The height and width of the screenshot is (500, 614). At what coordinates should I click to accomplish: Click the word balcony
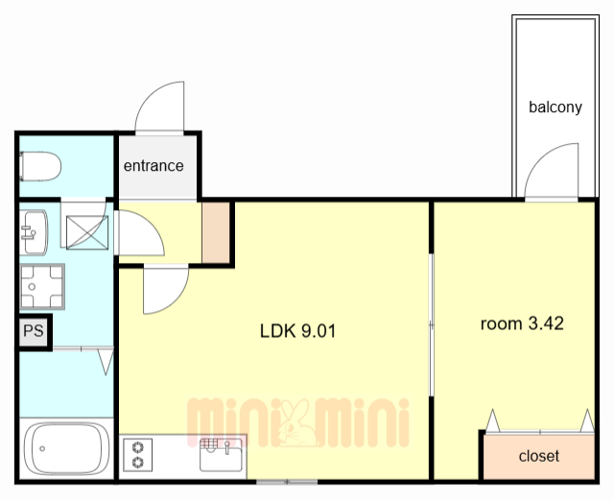(555, 107)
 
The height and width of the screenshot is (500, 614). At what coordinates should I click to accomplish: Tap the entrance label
(153, 166)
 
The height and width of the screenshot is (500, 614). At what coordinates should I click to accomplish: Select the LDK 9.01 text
(298, 331)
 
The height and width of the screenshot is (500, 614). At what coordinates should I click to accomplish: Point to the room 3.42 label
(522, 323)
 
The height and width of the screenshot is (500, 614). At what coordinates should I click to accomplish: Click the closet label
(539, 456)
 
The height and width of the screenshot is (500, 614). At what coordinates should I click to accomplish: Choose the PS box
(34, 331)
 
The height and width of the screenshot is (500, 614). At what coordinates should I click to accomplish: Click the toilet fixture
(40, 167)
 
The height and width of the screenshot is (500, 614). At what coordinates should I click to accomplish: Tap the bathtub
(66, 449)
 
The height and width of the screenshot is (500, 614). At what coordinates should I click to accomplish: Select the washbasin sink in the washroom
(35, 232)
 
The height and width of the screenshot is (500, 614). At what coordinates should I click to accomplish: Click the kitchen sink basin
(221, 455)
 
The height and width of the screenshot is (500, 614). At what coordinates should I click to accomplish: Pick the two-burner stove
(138, 455)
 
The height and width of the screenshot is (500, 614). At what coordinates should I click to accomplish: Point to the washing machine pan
(42, 286)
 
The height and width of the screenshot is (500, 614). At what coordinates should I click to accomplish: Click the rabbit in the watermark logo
(296, 423)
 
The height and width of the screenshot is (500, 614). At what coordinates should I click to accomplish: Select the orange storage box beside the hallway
(216, 232)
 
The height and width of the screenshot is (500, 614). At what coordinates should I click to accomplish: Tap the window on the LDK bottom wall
(287, 482)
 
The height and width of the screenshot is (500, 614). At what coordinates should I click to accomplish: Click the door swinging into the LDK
(166, 289)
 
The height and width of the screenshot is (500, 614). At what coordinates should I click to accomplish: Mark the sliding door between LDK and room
(432, 325)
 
